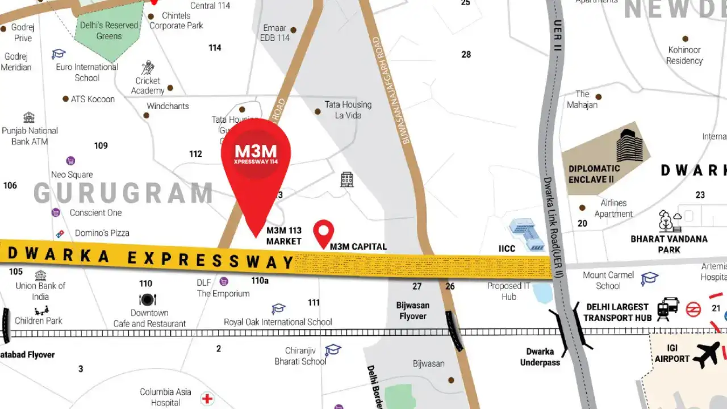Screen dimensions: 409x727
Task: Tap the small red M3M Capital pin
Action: pyautogui.click(x=324, y=231)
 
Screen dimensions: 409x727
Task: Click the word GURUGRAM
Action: pyautogui.click(x=123, y=193)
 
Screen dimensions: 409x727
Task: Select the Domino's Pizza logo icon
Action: pyautogui.click(x=60, y=233)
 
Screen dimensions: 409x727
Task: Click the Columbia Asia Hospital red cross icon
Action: pyautogui.click(x=207, y=398)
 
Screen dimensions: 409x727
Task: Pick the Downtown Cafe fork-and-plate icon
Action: pyautogui.click(x=148, y=299)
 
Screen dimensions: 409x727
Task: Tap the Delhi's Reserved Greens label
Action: pyautogui.click(x=109, y=31)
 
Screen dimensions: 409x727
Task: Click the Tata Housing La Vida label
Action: pyautogui.click(x=348, y=110)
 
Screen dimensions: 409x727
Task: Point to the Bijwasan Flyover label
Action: pyautogui.click(x=413, y=310)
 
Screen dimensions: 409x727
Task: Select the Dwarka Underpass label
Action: pyautogui.click(x=540, y=357)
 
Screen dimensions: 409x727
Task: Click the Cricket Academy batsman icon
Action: pyautogui.click(x=148, y=68)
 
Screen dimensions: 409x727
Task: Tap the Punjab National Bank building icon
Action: pyautogui.click(x=29, y=118)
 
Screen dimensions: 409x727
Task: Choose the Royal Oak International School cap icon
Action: pyautogui.click(x=278, y=309)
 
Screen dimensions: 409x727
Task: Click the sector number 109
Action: pyautogui.click(x=101, y=145)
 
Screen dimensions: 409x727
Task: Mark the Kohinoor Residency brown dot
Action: pyautogui.click(x=685, y=39)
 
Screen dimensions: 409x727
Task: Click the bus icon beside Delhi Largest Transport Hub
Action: pyautogui.click(x=667, y=309)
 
